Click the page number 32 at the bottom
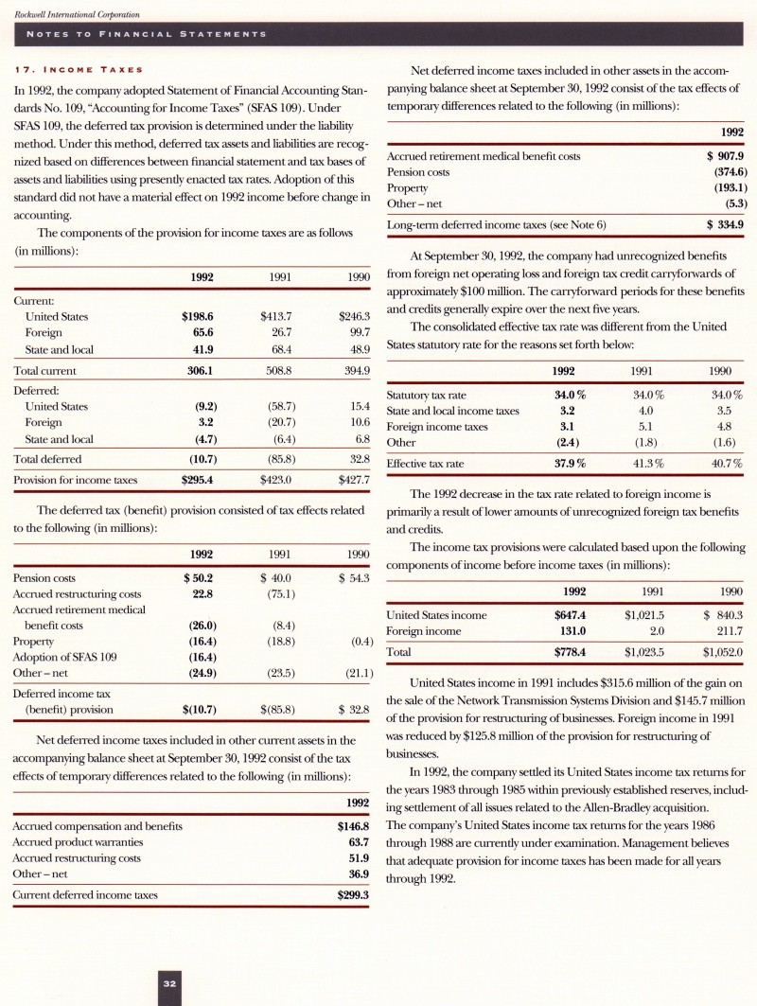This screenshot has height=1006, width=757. click(170, 984)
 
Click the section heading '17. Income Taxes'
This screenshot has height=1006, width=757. click(78, 69)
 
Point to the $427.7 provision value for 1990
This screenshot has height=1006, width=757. click(353, 480)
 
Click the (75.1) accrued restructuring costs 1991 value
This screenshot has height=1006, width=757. click(281, 593)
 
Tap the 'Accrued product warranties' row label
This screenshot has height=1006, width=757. click(77, 842)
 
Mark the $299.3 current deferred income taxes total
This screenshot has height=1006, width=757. click(352, 894)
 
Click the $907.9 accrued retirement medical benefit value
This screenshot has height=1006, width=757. click(726, 156)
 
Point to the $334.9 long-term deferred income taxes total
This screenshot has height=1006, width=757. click(726, 224)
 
